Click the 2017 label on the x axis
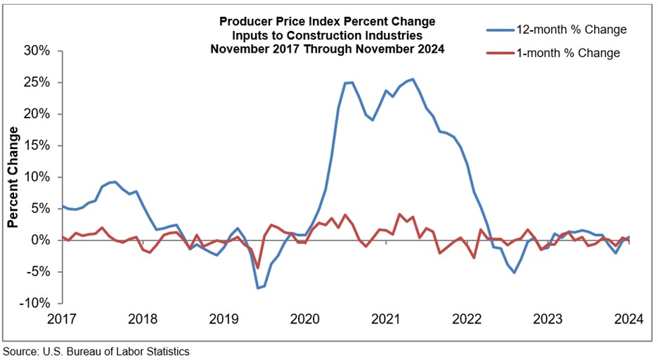point(62,319)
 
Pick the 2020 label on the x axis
point(303,319)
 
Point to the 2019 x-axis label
point(223,319)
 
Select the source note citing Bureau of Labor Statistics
point(96,350)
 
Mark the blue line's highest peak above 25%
point(413,79)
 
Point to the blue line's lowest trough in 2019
point(258,288)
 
